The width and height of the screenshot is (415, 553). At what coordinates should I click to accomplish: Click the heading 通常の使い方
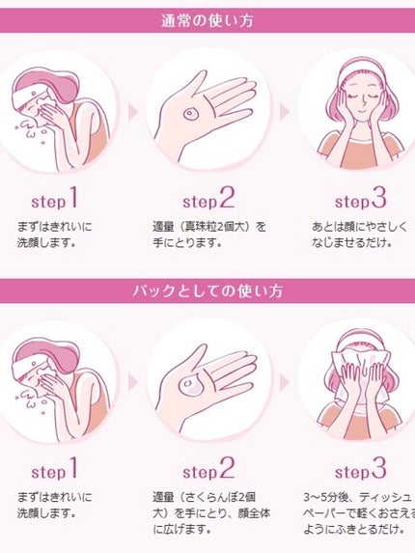tap(207, 20)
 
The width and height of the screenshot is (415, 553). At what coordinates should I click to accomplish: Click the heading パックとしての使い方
tap(207, 290)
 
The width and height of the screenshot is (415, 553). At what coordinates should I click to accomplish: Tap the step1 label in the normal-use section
tap(53, 202)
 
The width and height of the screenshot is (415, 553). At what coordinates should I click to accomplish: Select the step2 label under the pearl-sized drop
tap(207, 201)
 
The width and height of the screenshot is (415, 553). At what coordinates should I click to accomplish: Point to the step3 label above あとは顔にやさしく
tap(360, 201)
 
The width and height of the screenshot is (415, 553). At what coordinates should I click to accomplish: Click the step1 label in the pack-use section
tap(53, 472)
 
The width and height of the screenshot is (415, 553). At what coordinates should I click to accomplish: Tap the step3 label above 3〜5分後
tap(360, 472)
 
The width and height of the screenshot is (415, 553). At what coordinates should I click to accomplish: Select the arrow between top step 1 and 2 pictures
tap(132, 112)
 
